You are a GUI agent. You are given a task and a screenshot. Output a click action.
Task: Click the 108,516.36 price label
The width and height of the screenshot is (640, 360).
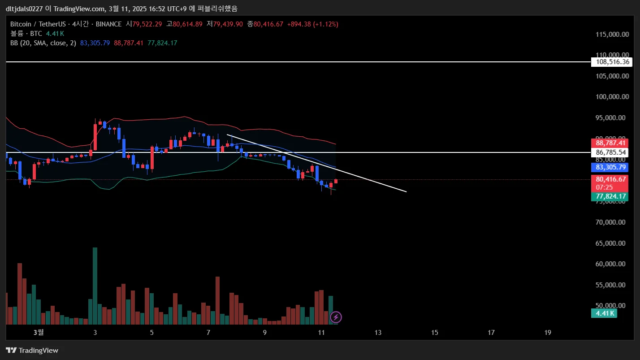click(x=611, y=62)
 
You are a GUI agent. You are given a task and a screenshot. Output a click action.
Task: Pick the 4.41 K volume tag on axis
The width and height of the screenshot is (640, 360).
click(x=604, y=313)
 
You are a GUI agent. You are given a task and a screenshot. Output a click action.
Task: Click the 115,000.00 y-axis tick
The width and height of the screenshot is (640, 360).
click(x=610, y=35)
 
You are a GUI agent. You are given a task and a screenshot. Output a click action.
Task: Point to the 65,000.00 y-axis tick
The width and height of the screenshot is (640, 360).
click(x=610, y=243)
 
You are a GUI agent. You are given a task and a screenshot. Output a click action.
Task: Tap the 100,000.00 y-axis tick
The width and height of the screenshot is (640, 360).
click(x=610, y=97)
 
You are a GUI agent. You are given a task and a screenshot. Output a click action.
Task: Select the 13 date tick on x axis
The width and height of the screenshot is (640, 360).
click(x=378, y=333)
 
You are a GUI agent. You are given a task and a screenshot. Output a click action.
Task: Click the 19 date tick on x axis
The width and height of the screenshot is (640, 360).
click(x=548, y=333)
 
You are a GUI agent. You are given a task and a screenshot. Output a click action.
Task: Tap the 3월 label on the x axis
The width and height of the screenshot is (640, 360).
click(x=39, y=333)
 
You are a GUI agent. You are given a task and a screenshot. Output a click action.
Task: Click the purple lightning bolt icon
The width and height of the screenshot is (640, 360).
click(x=336, y=317)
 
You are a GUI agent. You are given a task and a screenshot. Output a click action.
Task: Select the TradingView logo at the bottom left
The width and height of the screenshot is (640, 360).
click(x=32, y=350)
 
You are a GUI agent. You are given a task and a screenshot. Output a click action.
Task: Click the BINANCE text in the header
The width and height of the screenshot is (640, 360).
click(x=108, y=24)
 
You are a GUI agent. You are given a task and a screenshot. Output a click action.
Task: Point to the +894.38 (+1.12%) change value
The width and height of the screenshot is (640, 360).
click(x=313, y=24)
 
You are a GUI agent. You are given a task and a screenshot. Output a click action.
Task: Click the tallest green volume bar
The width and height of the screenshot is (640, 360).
click(x=95, y=286)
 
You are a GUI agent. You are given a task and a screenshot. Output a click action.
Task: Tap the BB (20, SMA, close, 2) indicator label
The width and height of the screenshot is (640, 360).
click(x=43, y=43)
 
